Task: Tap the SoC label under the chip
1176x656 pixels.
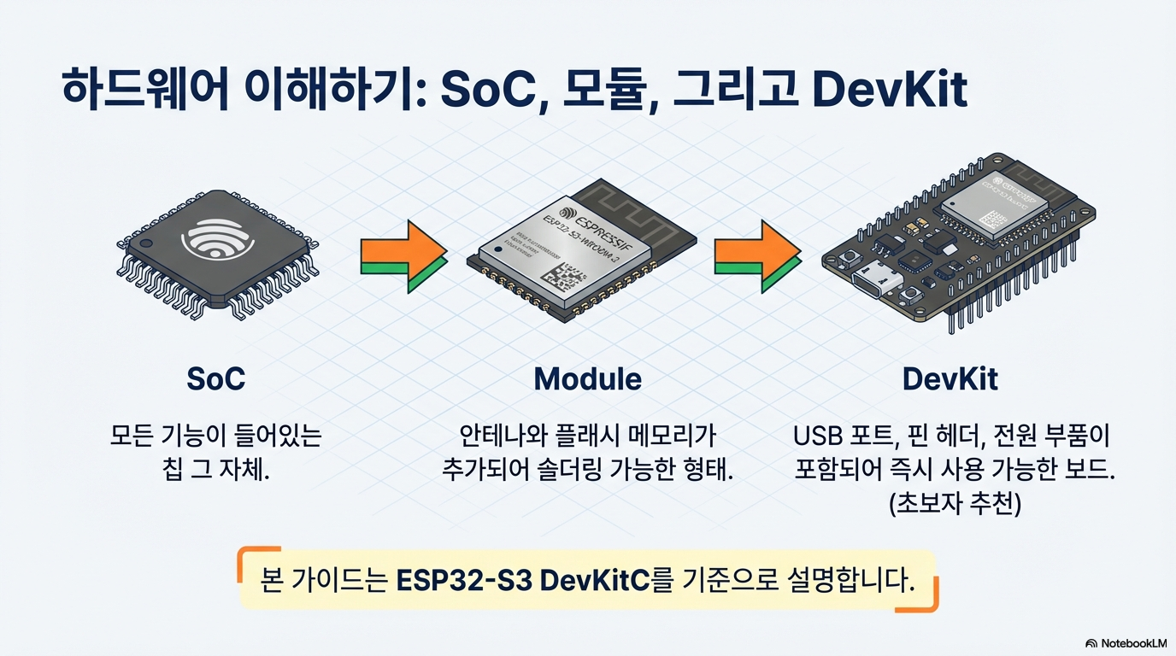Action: click(215, 378)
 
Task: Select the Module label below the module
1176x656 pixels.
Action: click(587, 378)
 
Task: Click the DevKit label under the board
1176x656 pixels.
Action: click(950, 378)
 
